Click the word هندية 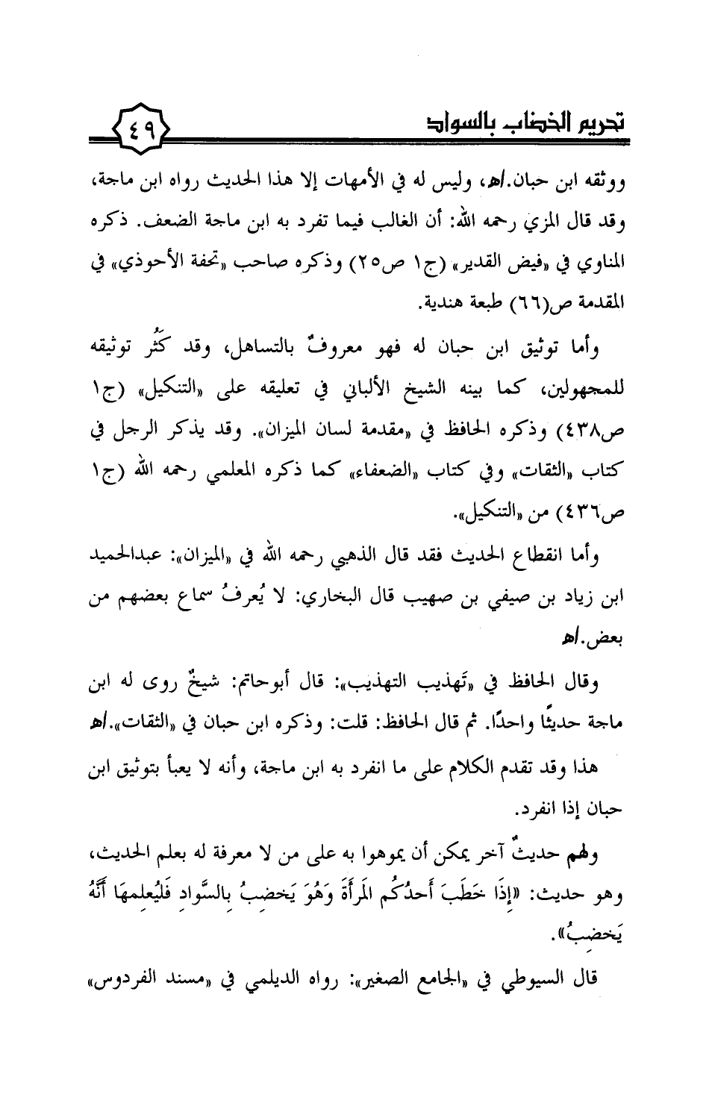point(436,305)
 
